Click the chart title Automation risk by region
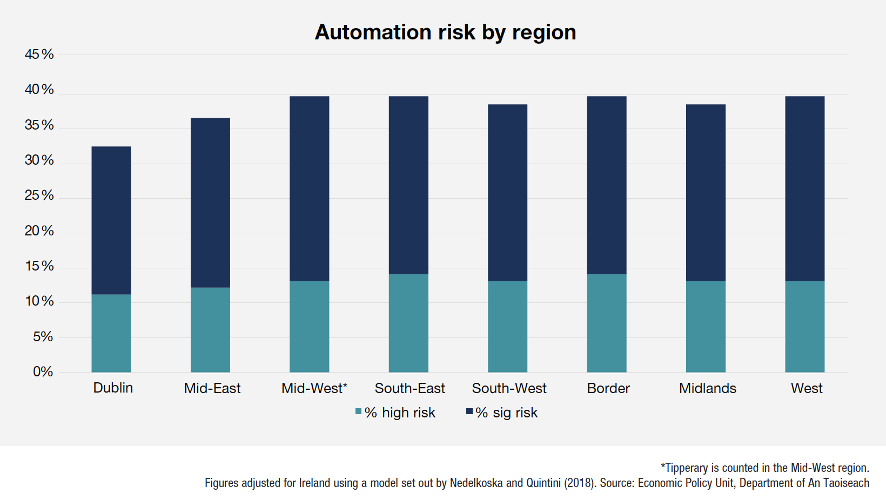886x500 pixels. coord(445,32)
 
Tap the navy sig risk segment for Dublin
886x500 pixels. coord(111,220)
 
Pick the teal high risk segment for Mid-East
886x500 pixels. coord(210,329)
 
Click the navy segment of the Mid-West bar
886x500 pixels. coord(309,188)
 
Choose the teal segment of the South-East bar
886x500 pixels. coord(408,323)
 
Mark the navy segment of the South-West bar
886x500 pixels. coord(507,192)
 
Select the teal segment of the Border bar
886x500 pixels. coord(607,323)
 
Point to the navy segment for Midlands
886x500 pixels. coord(706,192)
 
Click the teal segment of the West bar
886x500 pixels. coord(804,326)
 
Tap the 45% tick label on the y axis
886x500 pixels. coord(39,54)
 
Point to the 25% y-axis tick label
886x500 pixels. coord(39,195)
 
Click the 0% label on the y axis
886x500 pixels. coord(43,371)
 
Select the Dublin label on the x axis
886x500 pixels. coord(113,388)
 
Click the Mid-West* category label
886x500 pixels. coord(314,388)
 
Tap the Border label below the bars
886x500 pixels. coord(608,388)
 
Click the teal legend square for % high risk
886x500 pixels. coord(358,412)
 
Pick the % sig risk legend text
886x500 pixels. coord(507,413)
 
